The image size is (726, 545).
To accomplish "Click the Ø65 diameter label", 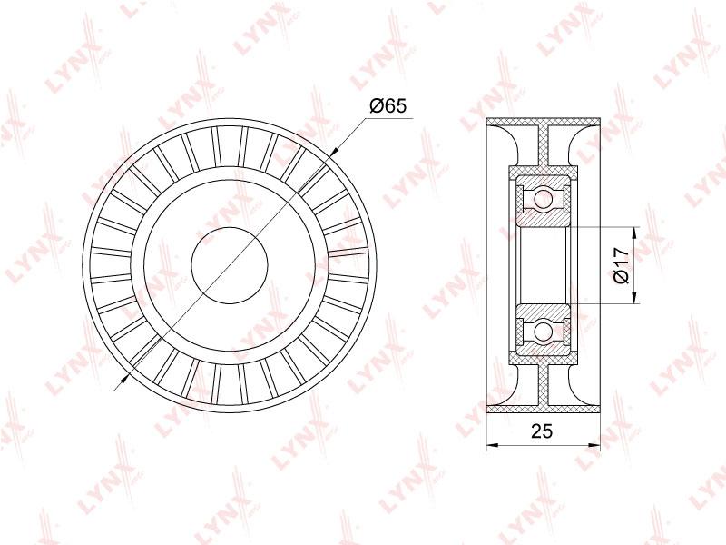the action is [x=388, y=106].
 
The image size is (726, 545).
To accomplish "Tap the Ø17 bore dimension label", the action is [x=622, y=265].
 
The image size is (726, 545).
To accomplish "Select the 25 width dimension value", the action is [x=542, y=431].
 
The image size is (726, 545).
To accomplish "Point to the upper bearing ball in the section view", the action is [x=543, y=200].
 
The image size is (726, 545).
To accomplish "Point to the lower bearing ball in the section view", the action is [x=543, y=331].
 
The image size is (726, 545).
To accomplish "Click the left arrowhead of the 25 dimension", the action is [x=492, y=446].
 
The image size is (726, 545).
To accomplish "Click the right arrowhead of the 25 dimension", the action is [x=594, y=446].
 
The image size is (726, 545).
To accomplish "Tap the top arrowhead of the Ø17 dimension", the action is [x=633, y=233].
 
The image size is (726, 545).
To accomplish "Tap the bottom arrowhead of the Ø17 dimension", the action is [x=633, y=298].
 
